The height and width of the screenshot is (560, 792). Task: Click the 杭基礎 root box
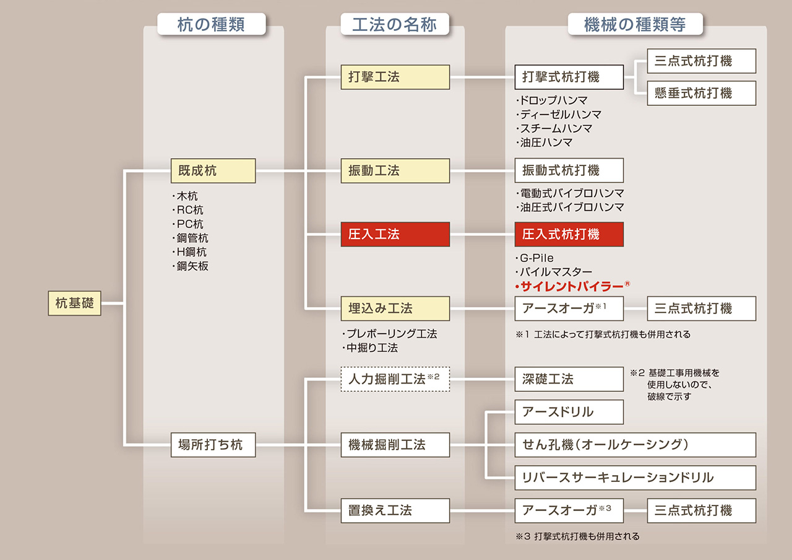[x=74, y=304]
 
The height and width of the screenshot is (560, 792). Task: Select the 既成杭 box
[x=213, y=171]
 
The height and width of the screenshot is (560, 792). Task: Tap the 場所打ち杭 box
[x=213, y=445]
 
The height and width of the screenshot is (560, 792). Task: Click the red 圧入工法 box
[x=395, y=235]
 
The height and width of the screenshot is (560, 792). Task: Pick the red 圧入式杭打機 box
[x=569, y=235]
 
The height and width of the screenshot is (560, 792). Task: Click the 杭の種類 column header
[x=211, y=24]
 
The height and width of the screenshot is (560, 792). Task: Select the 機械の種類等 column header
[x=635, y=24]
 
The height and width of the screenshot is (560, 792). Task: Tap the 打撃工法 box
[x=395, y=77]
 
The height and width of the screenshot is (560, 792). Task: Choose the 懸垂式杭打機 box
[x=702, y=93]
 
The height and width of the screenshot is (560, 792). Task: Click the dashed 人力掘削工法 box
[x=395, y=379]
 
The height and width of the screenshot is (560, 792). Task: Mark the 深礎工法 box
[x=569, y=379]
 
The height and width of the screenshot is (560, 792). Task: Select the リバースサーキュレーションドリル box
[x=635, y=478]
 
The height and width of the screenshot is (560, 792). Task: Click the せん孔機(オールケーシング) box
[x=635, y=445]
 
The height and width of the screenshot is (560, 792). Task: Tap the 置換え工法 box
[x=395, y=510]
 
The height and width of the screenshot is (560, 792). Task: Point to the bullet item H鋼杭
[x=189, y=252]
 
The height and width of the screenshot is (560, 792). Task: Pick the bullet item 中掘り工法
[x=370, y=348]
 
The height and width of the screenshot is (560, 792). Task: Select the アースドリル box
[x=569, y=412]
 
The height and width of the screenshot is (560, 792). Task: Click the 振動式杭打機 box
[x=569, y=170]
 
